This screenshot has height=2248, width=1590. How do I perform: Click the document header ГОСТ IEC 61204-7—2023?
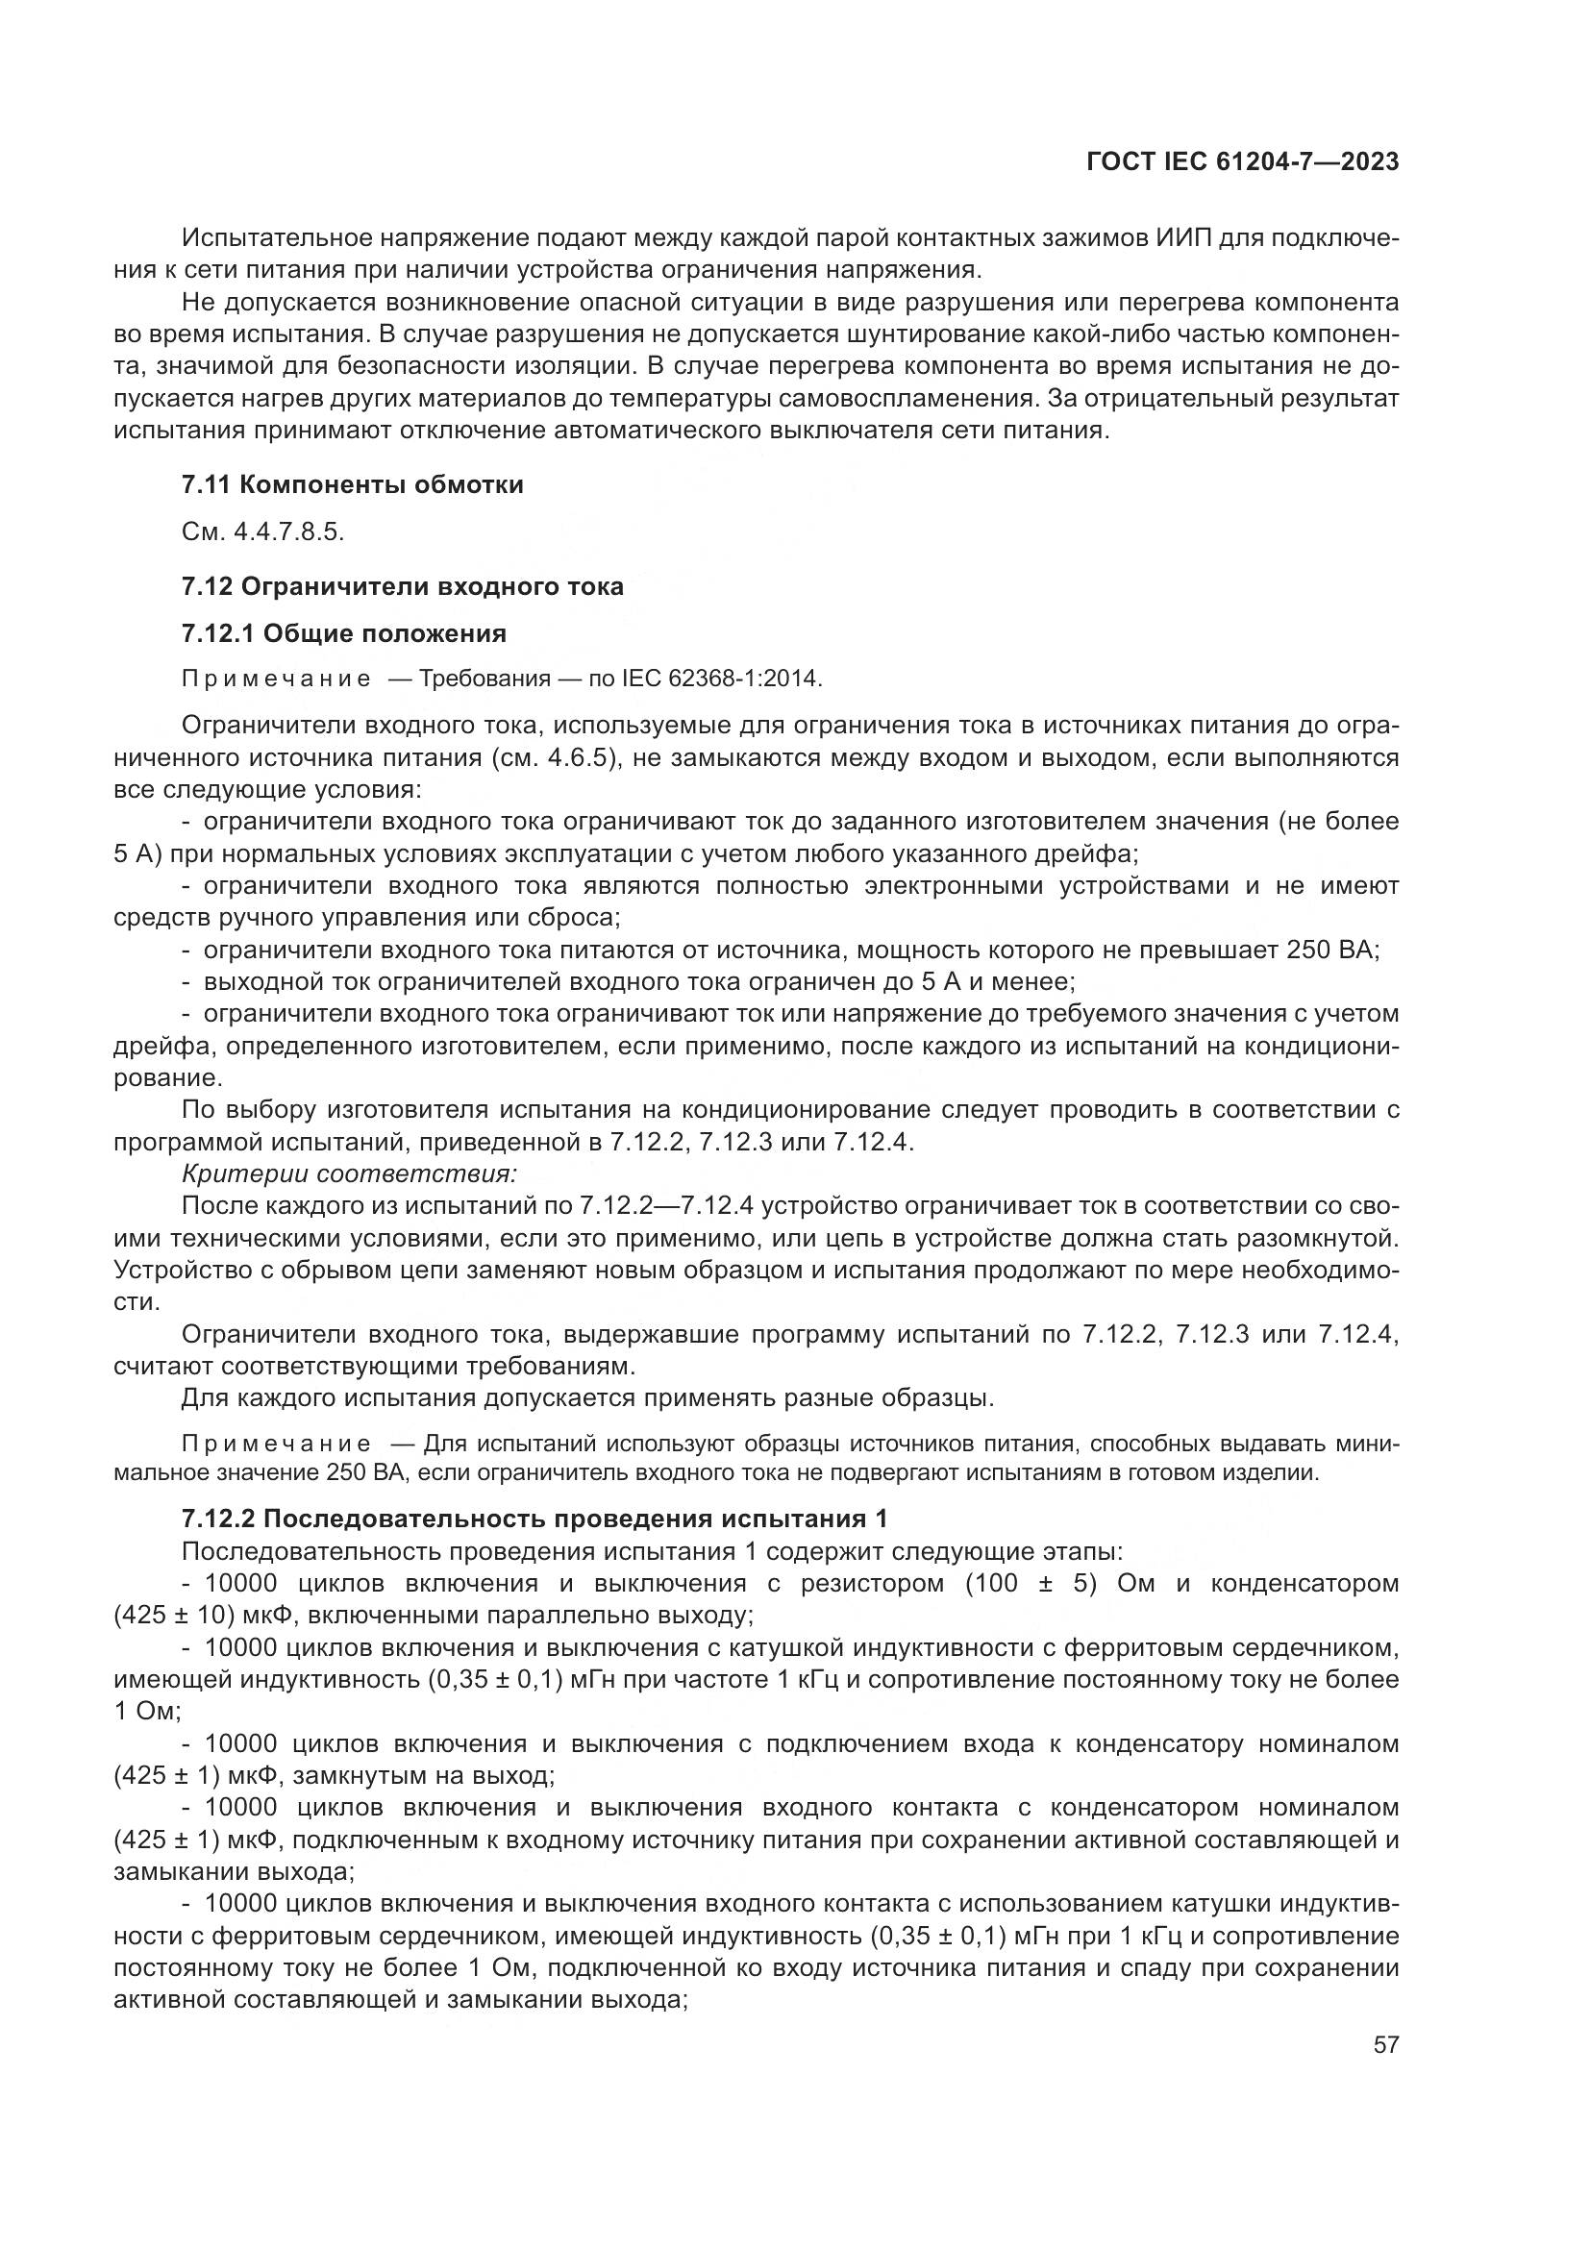(x=1241, y=162)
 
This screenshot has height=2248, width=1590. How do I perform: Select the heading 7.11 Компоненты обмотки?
(x=353, y=484)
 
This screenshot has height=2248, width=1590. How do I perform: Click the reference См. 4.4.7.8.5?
(x=263, y=531)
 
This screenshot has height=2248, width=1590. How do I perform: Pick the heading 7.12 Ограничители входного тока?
(x=403, y=586)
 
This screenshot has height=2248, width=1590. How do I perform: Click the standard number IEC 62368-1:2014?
(x=722, y=679)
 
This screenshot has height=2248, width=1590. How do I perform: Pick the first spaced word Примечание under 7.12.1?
(x=276, y=679)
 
